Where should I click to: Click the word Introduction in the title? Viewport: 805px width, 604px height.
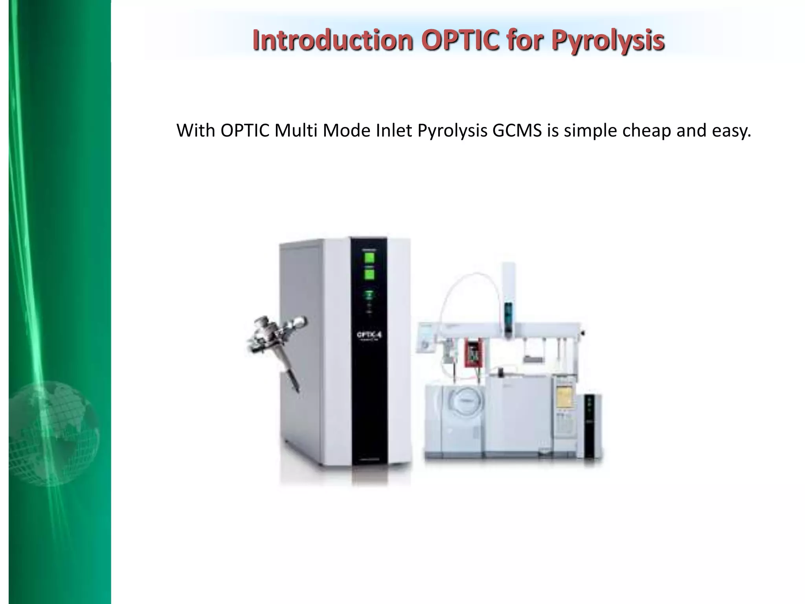333,40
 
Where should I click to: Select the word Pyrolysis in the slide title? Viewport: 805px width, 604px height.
608,41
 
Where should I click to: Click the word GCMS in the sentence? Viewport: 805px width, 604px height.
517,131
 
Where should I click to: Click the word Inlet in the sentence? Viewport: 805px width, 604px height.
394,131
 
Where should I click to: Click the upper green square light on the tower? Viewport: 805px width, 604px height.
369,258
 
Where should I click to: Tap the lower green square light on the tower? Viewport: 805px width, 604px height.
369,274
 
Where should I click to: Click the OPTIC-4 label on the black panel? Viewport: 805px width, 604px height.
369,335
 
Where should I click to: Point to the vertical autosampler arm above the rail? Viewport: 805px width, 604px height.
508,299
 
